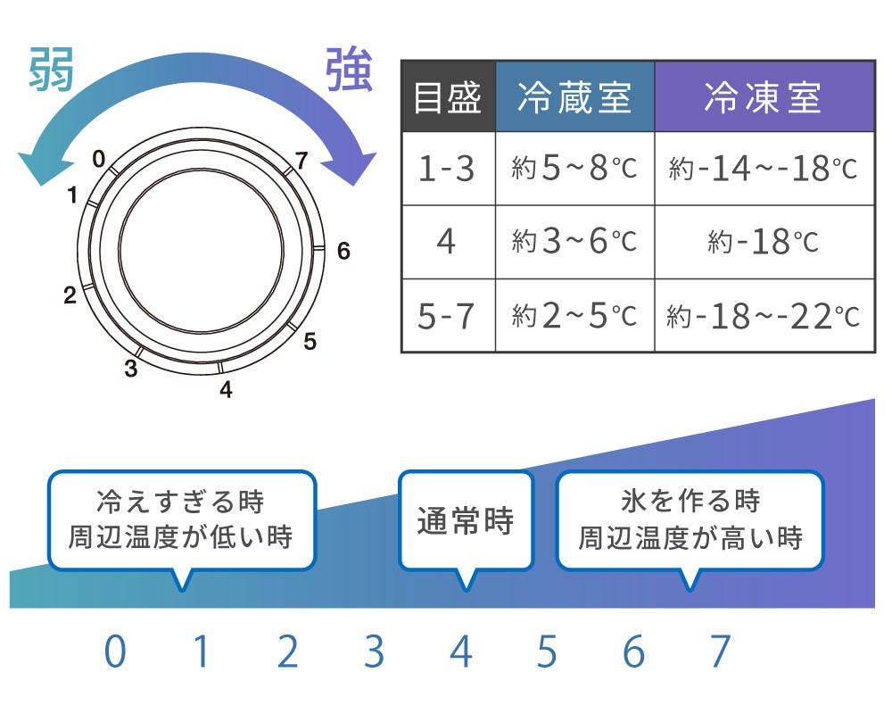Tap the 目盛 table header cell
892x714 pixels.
tap(448, 97)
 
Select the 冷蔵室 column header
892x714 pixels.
tap(574, 97)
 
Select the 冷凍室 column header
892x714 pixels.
tap(764, 97)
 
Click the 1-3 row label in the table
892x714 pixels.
tap(448, 169)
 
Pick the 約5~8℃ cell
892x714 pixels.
tap(574, 169)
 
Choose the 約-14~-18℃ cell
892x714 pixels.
tap(764, 169)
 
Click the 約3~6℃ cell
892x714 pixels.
tap(574, 242)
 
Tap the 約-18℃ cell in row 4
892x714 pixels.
tap(764, 242)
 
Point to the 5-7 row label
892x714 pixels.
tap(448, 315)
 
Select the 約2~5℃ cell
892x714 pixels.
tap(574, 315)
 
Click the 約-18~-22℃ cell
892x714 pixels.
tap(764, 315)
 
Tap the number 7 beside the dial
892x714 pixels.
tap(301, 162)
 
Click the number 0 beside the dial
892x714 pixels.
tap(98, 160)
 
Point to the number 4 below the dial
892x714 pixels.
tap(226, 390)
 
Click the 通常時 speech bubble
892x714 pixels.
tap(465, 520)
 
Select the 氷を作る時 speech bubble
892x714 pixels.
tap(690, 519)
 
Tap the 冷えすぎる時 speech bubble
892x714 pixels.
tap(181, 519)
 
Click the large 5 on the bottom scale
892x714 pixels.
tap(547, 653)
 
